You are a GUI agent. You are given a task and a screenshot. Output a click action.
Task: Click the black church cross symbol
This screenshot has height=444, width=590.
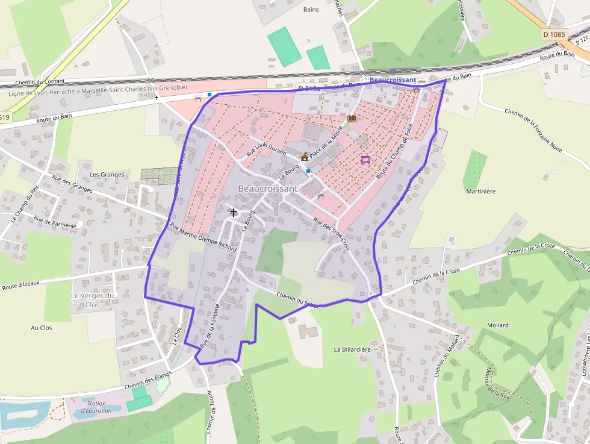234,212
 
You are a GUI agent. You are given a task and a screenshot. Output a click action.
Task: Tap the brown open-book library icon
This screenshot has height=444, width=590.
352,119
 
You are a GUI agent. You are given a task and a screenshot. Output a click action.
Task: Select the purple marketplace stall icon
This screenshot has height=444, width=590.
365,160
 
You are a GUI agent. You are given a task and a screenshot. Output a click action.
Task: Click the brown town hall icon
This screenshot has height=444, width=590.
305,157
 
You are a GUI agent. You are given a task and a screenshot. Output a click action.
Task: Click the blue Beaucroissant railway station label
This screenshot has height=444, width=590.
392,80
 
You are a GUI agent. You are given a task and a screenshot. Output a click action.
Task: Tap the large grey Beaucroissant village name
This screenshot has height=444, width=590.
267,189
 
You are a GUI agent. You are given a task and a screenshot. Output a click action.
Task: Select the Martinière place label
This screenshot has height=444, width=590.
480,191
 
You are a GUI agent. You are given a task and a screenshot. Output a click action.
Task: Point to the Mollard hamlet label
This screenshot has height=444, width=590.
497,325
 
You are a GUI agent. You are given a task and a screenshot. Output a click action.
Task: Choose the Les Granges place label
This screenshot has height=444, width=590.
107,175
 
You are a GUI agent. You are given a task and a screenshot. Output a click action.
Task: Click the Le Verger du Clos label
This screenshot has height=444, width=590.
93,300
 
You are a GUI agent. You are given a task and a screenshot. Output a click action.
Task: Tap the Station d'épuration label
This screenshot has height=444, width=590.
96,407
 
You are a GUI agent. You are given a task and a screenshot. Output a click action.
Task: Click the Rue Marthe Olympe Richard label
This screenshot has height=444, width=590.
203,237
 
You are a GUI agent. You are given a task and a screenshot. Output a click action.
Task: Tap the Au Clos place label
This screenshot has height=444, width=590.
42,328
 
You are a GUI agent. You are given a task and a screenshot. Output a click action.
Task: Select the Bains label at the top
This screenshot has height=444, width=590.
311,10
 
